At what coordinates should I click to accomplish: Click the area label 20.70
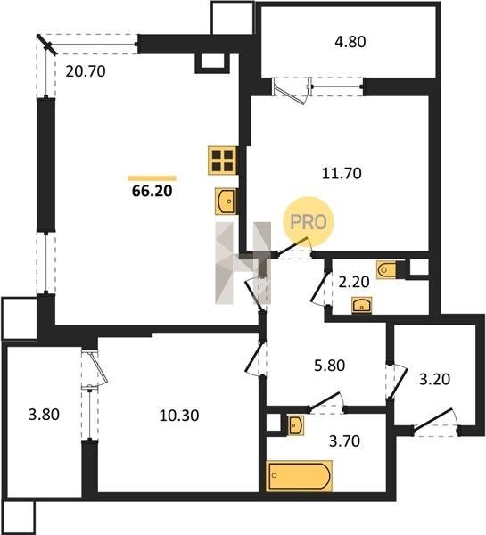coord(86,71)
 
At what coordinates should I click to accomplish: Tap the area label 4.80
coord(350,42)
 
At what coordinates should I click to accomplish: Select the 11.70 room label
coord(342,173)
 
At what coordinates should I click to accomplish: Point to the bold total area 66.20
coord(152,191)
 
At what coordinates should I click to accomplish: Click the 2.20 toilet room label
coord(354,282)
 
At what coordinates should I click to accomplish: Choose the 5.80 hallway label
coord(329,366)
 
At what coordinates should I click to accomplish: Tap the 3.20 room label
coord(434,379)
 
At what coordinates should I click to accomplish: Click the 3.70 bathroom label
coord(344,440)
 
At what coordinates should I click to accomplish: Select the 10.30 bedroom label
coord(179,416)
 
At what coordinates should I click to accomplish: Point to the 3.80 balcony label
coord(44,415)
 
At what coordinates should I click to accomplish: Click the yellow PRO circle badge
coord(309,222)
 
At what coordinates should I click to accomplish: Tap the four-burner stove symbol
coord(223,160)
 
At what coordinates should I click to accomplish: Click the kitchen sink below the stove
coord(226,202)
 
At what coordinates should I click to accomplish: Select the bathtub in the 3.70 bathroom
coord(299,476)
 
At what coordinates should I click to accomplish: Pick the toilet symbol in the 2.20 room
coord(386,270)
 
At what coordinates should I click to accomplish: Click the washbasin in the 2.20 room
coord(362,305)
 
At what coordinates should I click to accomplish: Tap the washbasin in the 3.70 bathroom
coord(295,425)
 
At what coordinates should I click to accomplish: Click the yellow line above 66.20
coord(152,178)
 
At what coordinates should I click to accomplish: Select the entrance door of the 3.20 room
coord(435,423)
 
